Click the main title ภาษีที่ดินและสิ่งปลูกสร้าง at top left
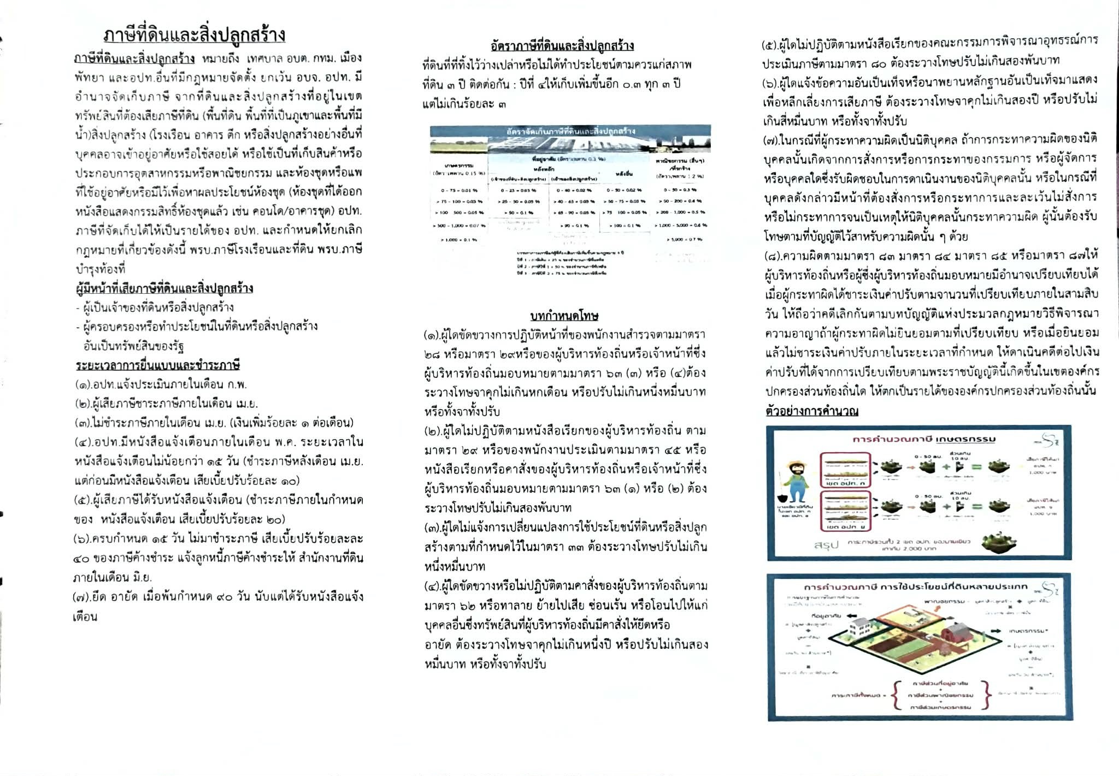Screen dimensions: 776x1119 tap(194, 35)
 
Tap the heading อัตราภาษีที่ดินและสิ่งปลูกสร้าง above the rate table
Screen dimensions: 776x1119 tap(562, 45)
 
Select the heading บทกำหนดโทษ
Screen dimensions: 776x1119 tap(564, 316)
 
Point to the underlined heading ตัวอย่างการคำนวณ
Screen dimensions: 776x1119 tap(811, 411)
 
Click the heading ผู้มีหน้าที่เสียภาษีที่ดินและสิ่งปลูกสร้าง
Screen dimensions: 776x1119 tap(164, 288)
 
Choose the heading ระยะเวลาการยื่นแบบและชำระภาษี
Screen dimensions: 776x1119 tap(157, 365)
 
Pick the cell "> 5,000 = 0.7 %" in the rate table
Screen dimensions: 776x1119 tap(684, 239)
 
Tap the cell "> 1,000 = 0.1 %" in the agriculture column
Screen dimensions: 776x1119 tap(459, 239)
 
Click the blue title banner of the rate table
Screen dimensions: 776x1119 tap(570, 131)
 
